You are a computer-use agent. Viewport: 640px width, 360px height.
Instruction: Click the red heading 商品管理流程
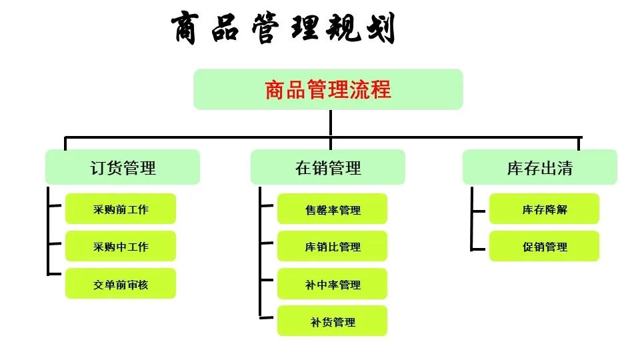coord(328,90)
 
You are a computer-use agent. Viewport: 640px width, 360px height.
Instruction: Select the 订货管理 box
coord(123,167)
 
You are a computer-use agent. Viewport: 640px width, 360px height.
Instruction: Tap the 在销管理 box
coord(328,167)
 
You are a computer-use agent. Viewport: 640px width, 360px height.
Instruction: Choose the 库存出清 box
coord(539,167)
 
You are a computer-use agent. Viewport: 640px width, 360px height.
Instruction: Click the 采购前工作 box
coord(121,209)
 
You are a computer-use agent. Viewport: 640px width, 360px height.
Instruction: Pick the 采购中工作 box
coord(121,246)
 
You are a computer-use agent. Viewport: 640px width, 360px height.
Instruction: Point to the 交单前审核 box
coord(121,284)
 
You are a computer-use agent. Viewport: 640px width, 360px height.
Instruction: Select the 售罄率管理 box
coord(332,209)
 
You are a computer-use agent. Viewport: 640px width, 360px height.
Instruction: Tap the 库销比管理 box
coord(332,246)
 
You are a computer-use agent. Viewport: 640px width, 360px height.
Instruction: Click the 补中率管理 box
coord(332,284)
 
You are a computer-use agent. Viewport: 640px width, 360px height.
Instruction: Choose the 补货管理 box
coord(332,321)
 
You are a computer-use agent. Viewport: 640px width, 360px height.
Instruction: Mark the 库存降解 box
coord(544,209)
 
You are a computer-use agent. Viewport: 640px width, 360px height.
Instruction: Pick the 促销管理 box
coord(544,246)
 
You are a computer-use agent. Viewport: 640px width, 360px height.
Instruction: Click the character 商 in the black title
coord(186,27)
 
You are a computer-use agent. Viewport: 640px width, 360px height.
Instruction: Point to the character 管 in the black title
coord(265,28)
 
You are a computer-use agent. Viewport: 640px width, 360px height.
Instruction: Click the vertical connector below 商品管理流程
coord(330,123)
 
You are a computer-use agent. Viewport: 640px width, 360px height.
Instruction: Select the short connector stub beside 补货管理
coord(267,317)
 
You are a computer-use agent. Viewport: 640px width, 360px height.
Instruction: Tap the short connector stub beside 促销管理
coord(479,249)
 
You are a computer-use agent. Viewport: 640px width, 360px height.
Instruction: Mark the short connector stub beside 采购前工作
coord(55,205)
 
